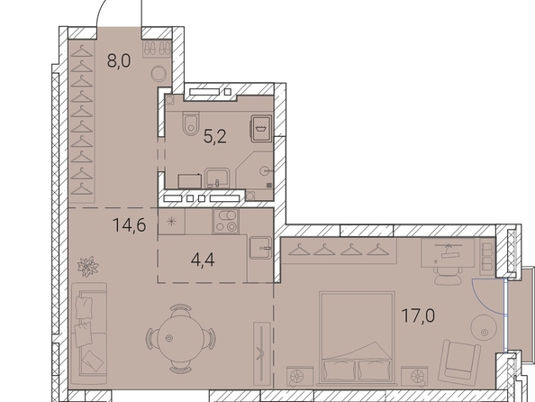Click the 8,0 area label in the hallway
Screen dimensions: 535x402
click(x=119, y=61)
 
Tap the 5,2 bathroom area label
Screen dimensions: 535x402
click(x=215, y=137)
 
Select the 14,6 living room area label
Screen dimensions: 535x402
click(x=130, y=225)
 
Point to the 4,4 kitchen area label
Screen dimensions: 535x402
click(x=203, y=260)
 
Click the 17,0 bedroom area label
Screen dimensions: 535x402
click(x=418, y=315)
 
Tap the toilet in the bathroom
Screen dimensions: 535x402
click(x=190, y=123)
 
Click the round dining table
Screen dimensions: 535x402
click(x=182, y=338)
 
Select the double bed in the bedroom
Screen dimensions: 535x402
click(x=357, y=337)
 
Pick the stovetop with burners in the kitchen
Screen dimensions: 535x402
click(x=225, y=222)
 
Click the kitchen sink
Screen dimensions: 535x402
click(x=260, y=248)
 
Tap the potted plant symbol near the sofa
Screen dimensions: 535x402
click(x=88, y=267)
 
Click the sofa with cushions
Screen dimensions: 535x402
click(x=89, y=333)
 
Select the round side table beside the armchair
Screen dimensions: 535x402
click(x=483, y=327)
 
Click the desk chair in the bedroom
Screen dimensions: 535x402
click(x=447, y=276)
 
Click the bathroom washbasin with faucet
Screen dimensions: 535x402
click(x=217, y=178)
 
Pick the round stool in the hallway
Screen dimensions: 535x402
click(x=159, y=73)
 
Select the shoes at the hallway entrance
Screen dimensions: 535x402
click(x=157, y=48)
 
